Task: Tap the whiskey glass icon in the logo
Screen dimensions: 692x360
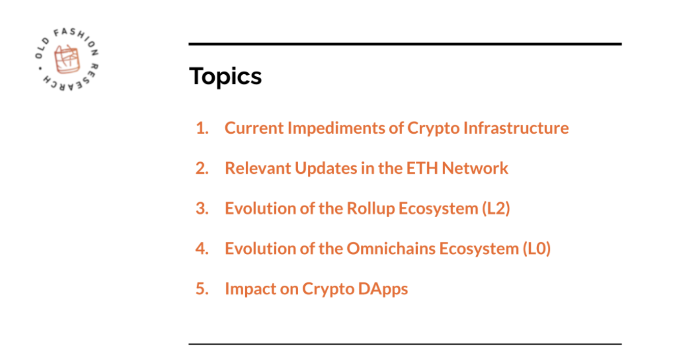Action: [x=67, y=59]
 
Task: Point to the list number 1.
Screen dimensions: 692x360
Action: [x=203, y=128]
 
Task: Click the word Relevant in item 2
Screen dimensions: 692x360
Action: [x=258, y=168]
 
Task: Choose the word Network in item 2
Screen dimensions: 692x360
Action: [x=475, y=168]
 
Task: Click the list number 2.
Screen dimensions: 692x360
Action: [x=203, y=168]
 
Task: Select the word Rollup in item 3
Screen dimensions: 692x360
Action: [x=371, y=208]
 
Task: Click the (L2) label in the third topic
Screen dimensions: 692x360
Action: [x=496, y=208]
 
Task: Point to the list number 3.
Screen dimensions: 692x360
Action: [x=203, y=208]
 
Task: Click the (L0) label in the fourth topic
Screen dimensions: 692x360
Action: [x=537, y=249]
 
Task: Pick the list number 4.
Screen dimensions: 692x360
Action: [x=203, y=249]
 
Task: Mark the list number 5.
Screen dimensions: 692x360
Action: [x=203, y=289]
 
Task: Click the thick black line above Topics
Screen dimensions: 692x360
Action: [x=405, y=44]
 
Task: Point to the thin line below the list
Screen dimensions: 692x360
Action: [x=405, y=344]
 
